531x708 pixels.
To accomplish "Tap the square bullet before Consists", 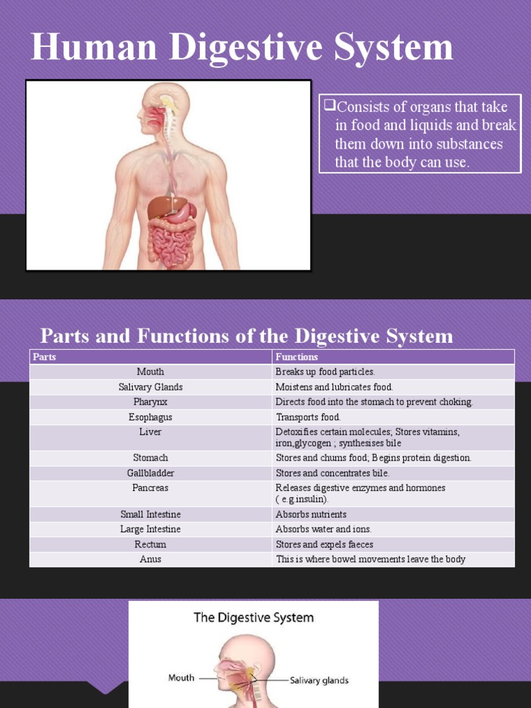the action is [x=329, y=106].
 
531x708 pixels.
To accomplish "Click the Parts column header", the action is [x=43, y=357].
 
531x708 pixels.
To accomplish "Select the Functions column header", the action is [x=297, y=357].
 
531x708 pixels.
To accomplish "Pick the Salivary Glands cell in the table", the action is [x=150, y=387].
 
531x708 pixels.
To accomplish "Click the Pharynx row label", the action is [x=150, y=402].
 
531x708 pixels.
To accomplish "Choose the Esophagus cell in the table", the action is [x=150, y=417].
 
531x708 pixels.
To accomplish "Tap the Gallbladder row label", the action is [x=150, y=473].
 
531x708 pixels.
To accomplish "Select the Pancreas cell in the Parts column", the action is [x=150, y=487].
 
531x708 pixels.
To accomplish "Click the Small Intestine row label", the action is [x=150, y=514].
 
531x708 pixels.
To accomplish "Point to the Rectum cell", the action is [x=150, y=544].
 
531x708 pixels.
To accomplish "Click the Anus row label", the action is [x=150, y=559].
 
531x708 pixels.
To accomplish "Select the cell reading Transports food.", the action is [x=308, y=417].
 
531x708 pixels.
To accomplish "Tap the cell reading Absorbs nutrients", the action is [x=311, y=514].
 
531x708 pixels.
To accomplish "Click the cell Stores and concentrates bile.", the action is [x=333, y=473].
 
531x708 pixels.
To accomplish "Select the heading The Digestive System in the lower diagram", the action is [x=253, y=617].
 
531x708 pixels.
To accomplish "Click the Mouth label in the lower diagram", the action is [x=181, y=678].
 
